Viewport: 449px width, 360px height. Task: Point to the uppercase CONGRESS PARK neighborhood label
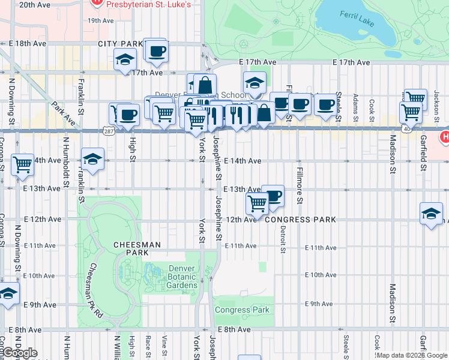coord(300,220)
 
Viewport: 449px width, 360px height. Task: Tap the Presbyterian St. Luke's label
coord(148,4)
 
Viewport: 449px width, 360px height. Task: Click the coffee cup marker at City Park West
coord(157,51)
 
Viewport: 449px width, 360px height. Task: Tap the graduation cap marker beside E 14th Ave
coord(93,159)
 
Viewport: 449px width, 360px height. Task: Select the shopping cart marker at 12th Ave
coord(258,203)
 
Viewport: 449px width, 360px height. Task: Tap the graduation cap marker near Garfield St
coord(431,214)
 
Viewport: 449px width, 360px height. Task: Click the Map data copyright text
coord(412,355)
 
